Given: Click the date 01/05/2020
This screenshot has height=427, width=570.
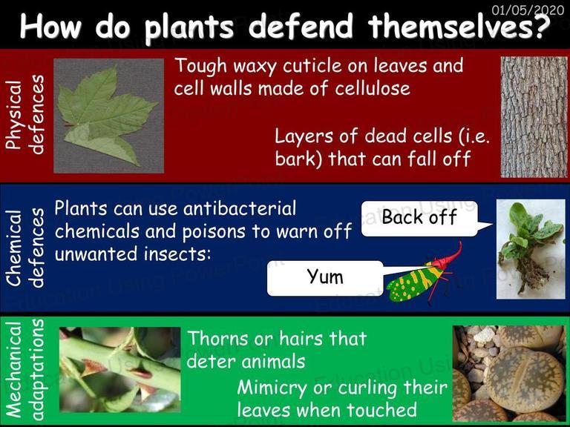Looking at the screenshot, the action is tap(528, 10).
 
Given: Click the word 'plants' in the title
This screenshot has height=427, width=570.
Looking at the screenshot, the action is tap(189, 27).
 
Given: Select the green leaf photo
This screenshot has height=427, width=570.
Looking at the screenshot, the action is tap(108, 116).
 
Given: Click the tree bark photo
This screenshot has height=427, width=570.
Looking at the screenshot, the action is tap(534, 117).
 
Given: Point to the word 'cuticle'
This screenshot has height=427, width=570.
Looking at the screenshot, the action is tap(312, 66).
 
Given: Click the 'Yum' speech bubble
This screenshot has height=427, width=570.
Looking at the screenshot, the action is tap(325, 278).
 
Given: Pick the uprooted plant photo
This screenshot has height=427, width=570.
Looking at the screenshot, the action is tap(531, 249).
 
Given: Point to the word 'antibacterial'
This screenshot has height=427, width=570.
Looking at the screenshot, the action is tap(240, 209).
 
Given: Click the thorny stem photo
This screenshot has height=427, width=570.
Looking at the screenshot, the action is tap(120, 369).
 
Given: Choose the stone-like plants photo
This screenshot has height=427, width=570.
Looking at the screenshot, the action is tap(510, 374).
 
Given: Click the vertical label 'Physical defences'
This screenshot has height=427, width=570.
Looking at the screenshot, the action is tap(24, 114).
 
